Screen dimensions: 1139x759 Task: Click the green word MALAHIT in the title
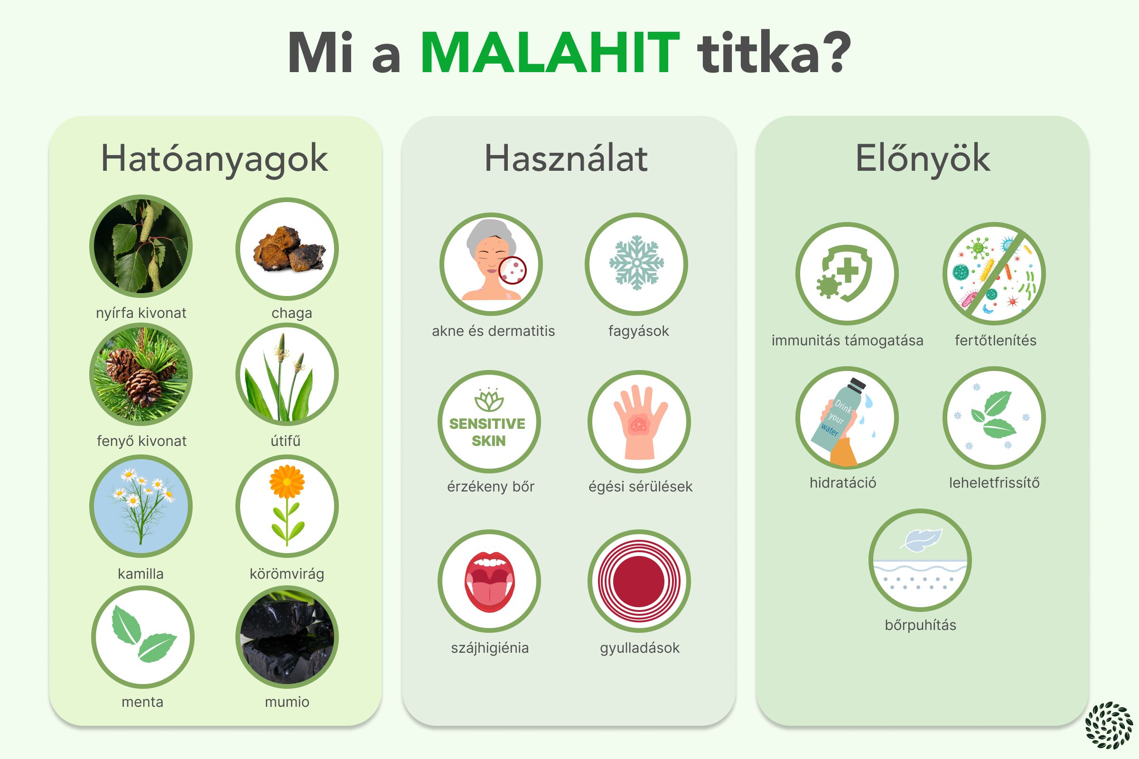[x=550, y=53]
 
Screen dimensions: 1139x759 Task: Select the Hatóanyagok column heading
[x=214, y=159]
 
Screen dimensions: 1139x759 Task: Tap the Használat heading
[x=566, y=158]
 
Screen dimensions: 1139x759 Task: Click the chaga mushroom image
[x=287, y=249]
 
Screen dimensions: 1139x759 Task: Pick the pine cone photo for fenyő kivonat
[x=141, y=374]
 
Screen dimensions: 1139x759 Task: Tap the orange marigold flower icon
[x=287, y=506]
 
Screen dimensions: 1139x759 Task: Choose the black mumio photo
[x=287, y=637]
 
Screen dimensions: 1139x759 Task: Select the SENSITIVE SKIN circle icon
[x=489, y=422]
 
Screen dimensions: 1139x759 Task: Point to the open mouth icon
[x=489, y=581]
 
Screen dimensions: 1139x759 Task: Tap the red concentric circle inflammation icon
[x=639, y=581]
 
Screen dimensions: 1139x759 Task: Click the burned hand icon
[x=639, y=422]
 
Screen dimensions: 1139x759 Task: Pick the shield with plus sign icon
[x=847, y=274]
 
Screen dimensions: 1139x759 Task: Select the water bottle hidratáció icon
[x=847, y=418]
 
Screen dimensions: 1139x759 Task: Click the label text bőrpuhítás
[x=921, y=625]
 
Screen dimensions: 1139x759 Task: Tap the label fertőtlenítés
[x=996, y=340]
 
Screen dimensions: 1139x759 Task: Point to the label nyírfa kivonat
[x=141, y=313]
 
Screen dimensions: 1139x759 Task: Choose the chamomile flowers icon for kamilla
[x=141, y=506]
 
